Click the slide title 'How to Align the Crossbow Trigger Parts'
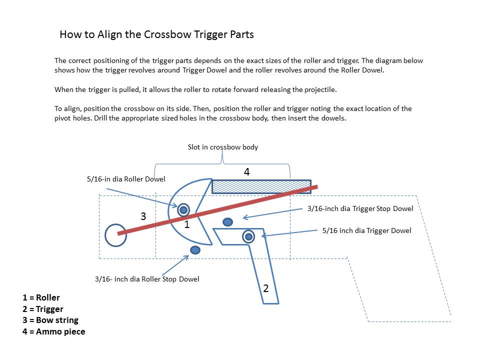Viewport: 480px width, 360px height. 156,34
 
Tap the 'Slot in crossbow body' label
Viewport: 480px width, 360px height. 222,147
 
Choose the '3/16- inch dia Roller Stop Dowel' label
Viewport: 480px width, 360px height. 147,278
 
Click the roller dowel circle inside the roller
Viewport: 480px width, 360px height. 184,209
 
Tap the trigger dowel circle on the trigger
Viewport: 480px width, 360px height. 248,236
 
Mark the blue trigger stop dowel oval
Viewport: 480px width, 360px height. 228,221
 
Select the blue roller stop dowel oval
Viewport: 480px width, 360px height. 195,249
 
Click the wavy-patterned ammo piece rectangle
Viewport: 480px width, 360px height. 261,186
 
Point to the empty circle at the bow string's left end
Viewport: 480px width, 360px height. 116,235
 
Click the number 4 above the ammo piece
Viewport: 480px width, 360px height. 246,171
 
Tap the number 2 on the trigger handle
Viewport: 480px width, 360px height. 266,288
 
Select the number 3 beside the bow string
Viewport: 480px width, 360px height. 143,216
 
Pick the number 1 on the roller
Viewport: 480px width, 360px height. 187,224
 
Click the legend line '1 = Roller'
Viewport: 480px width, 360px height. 41,298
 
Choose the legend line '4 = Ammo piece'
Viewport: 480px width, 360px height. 54,331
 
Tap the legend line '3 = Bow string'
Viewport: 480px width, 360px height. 50,320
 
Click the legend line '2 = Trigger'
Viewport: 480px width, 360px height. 43,309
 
